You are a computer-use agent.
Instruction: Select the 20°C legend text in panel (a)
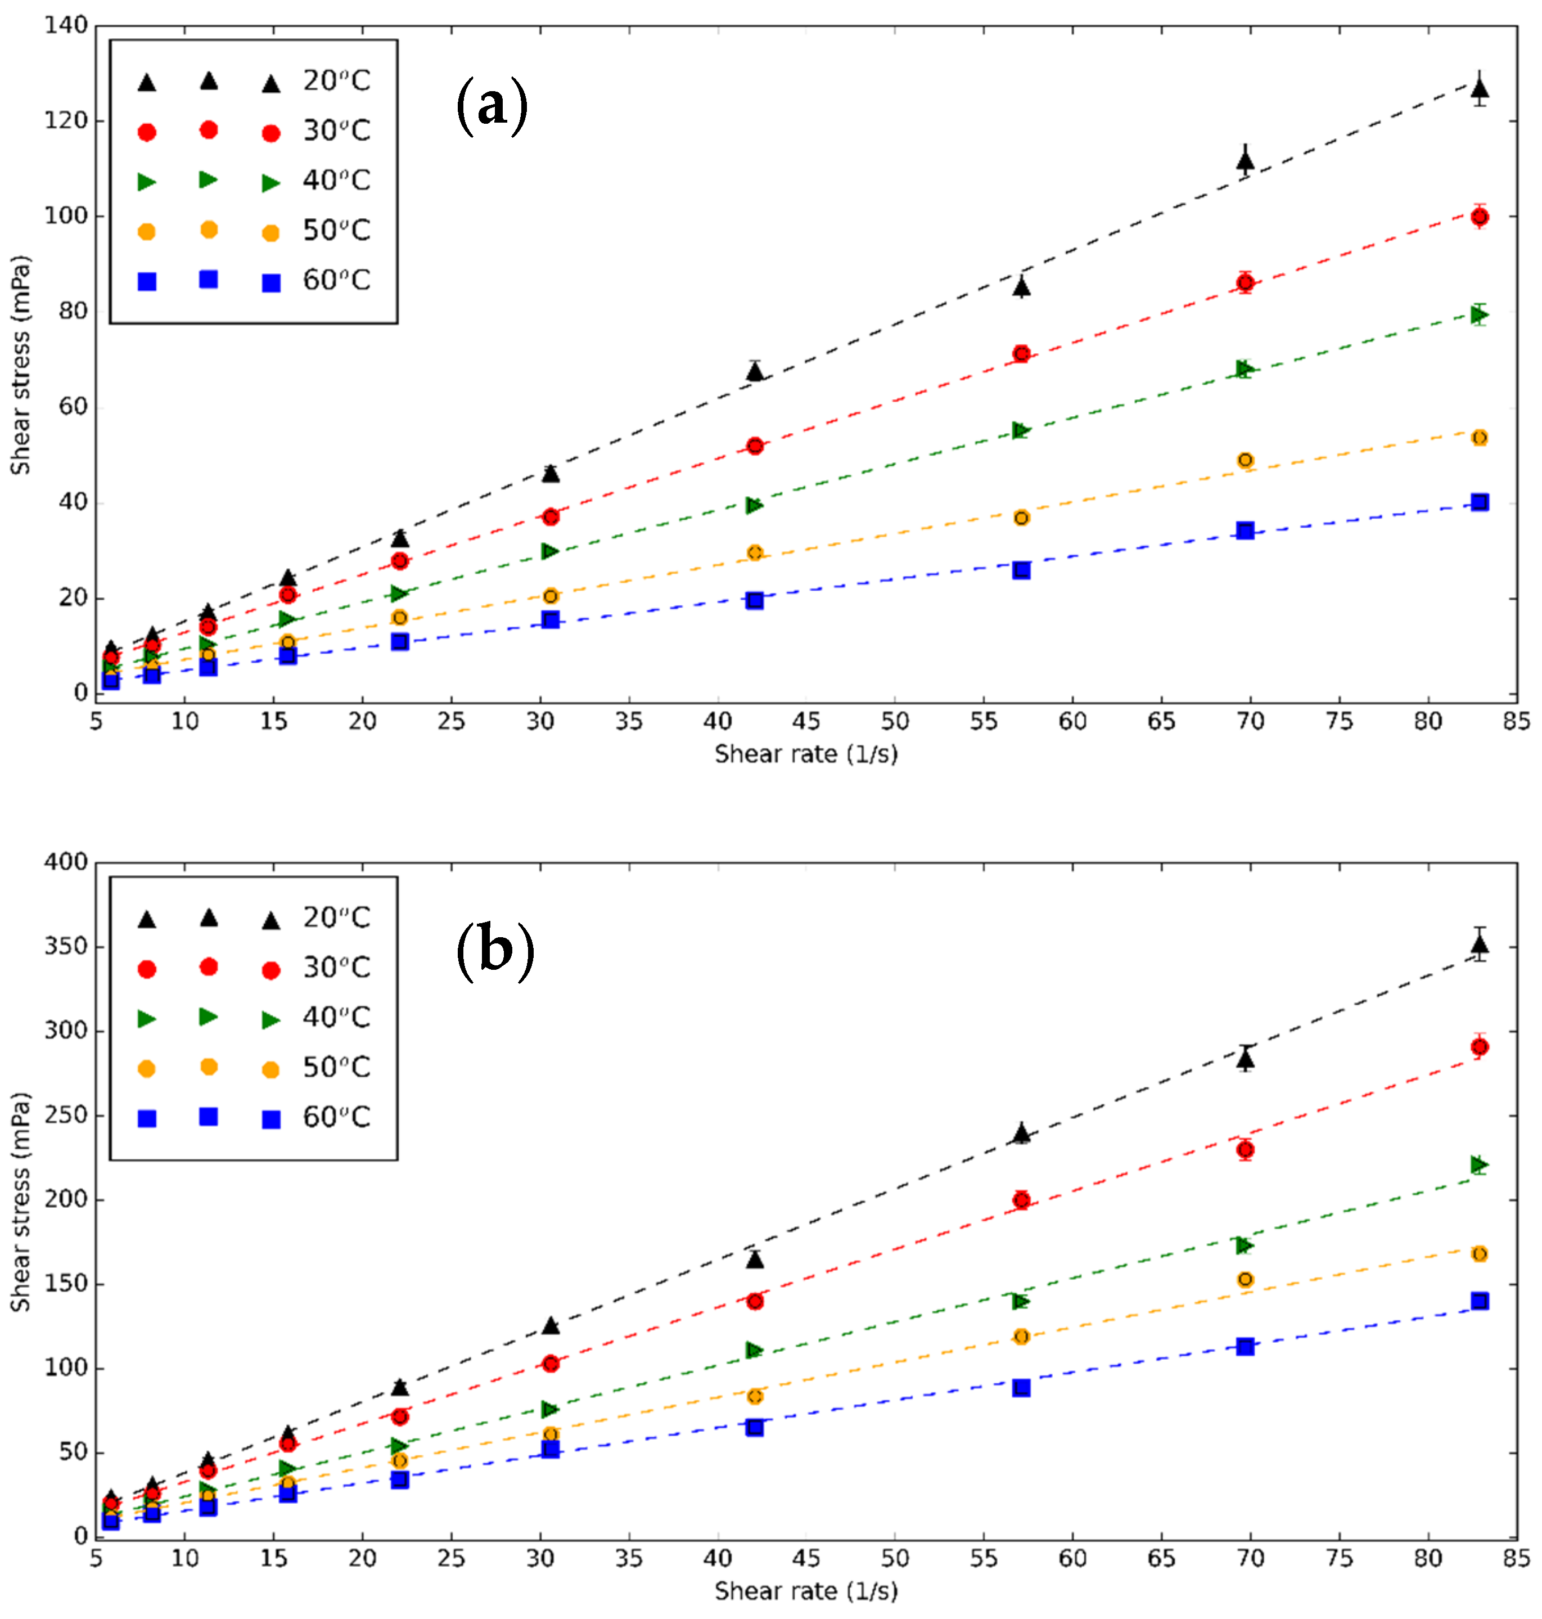pos(336,80)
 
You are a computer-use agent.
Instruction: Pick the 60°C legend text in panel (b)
pos(336,1117)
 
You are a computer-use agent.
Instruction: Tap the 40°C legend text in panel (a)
pos(336,180)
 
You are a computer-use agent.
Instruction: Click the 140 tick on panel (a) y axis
pos(66,25)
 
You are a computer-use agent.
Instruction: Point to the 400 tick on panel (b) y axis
pos(66,862)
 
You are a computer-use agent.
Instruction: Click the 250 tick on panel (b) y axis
pos(66,1116)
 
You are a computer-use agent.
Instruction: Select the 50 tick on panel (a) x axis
pos(895,722)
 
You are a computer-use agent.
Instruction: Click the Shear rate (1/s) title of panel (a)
pos(805,754)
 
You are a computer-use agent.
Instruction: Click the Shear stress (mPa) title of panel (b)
pos(21,1201)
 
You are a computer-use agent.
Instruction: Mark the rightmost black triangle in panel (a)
pos(1480,89)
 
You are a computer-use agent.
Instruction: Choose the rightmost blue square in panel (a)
pos(1480,502)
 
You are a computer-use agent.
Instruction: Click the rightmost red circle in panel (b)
pos(1480,1047)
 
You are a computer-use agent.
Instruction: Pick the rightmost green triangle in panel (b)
pos(1480,1164)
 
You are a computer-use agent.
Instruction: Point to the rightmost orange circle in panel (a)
pos(1480,438)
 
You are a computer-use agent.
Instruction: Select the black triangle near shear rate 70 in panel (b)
pos(1245,1059)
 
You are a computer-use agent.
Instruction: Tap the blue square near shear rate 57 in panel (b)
pos(1021,1388)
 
